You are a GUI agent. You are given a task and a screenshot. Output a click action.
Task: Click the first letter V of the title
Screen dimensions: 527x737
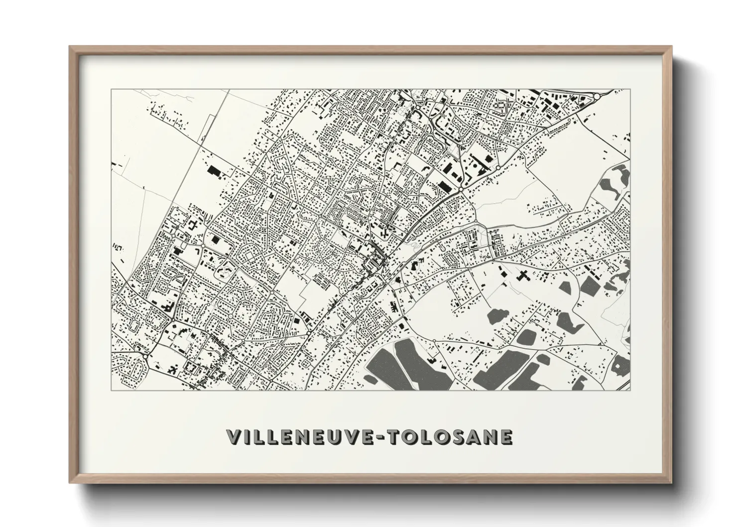234,437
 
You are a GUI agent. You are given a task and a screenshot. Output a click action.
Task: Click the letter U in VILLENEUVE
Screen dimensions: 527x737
333,437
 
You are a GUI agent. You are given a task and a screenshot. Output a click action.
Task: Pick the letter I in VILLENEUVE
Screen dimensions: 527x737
247,437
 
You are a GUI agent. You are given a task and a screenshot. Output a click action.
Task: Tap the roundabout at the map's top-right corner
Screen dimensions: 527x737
597,95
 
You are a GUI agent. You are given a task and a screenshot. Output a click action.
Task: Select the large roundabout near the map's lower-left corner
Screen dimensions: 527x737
145,356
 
